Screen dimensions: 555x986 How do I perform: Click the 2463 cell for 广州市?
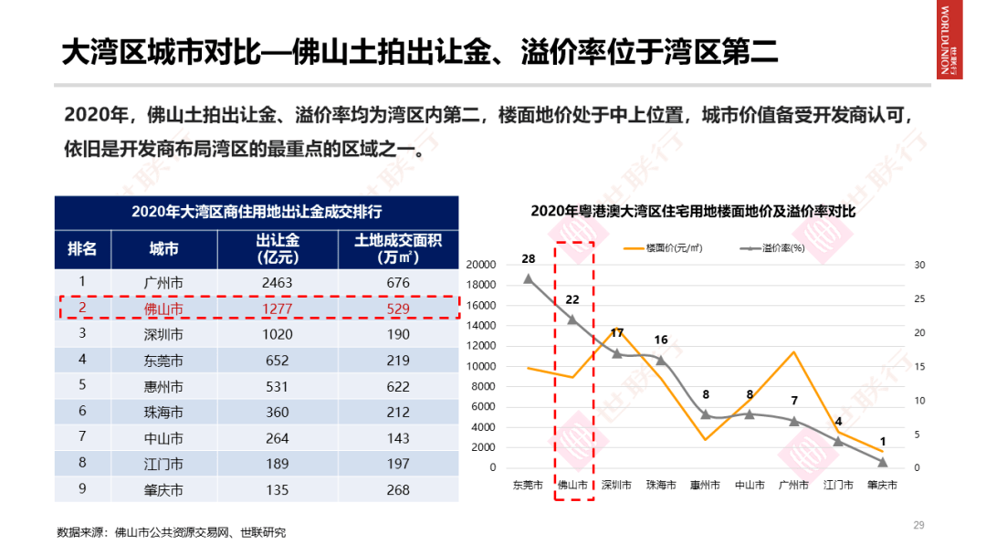tap(277, 283)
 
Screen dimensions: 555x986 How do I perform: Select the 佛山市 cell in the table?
tap(164, 309)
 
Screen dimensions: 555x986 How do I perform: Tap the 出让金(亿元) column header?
tap(278, 248)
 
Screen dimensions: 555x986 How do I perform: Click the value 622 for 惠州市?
tap(398, 386)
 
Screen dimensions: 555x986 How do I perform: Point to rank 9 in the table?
tap(82, 488)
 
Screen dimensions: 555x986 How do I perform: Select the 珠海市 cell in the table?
tap(164, 413)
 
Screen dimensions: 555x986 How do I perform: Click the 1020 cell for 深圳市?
tap(277, 334)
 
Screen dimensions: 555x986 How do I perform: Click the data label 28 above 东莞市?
tap(528, 259)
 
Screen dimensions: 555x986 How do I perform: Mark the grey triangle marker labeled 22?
tap(572, 319)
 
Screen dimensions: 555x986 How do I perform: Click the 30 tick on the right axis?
tap(919, 265)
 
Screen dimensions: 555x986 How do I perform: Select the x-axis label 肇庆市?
tap(882, 485)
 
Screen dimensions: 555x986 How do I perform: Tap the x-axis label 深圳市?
tap(616, 485)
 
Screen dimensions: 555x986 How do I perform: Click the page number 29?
tap(919, 525)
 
